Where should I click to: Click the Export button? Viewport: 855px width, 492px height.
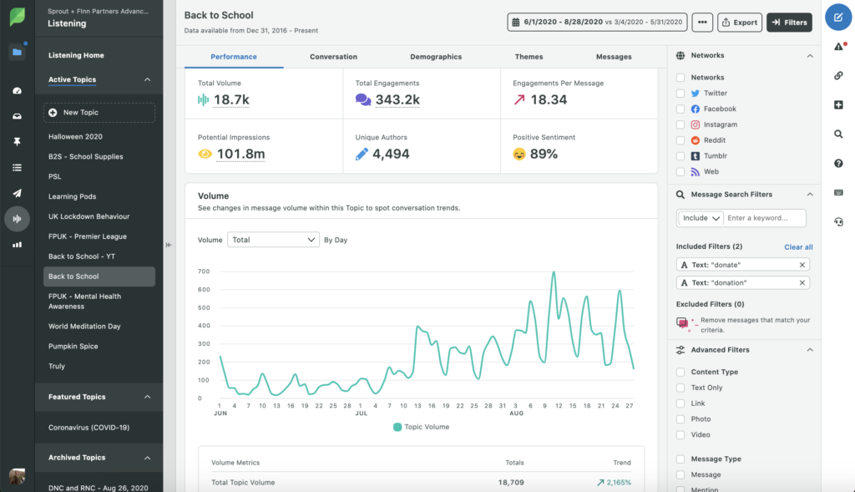coord(739,23)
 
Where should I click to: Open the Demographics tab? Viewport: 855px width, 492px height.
coord(436,57)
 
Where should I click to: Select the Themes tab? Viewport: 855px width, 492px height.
coord(529,57)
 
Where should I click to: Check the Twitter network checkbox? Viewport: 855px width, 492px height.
coord(680,94)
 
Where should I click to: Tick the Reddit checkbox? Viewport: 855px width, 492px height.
coord(680,140)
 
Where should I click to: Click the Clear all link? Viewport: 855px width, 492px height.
coord(798,247)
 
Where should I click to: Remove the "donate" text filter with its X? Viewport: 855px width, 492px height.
coord(802,265)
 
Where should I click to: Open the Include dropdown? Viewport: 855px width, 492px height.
coord(700,218)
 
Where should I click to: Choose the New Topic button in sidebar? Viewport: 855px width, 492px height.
coord(99,113)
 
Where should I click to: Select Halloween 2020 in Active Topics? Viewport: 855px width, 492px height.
coord(75,136)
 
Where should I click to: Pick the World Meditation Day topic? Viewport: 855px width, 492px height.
coord(84,327)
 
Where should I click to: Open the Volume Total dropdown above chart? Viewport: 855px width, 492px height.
coord(273,240)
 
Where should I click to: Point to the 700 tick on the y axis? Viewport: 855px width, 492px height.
coord(204,271)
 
